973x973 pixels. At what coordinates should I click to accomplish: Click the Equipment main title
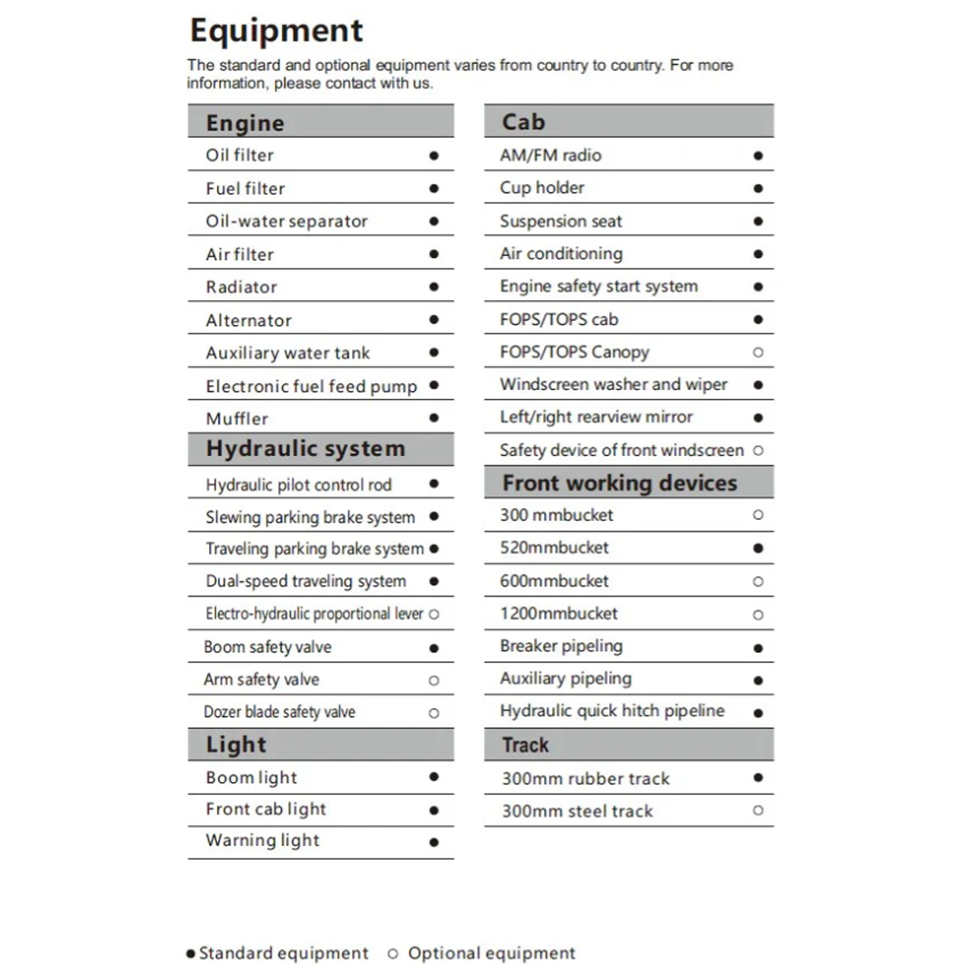click(276, 31)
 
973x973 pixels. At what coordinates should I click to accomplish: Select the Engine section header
click(245, 123)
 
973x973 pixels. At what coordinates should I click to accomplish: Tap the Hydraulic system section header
click(305, 449)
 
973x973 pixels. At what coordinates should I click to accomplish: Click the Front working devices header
click(619, 483)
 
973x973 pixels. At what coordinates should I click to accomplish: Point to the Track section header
click(525, 745)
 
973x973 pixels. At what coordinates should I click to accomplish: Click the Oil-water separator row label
click(286, 221)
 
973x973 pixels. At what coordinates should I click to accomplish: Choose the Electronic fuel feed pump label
click(311, 386)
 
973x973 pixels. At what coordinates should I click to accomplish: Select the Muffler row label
click(237, 418)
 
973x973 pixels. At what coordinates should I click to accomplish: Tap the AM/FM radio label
click(550, 155)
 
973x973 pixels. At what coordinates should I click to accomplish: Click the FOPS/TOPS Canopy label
click(574, 352)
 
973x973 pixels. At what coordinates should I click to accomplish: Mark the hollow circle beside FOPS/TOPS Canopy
click(758, 352)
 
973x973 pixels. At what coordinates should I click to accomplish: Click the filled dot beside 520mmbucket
click(758, 548)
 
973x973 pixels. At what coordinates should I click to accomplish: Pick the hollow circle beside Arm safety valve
click(433, 681)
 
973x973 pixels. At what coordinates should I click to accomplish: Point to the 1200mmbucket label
click(559, 614)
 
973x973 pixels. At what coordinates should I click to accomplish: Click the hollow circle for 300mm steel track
click(758, 811)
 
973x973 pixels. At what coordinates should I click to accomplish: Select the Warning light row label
click(262, 841)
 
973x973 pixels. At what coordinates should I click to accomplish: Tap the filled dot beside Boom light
click(433, 777)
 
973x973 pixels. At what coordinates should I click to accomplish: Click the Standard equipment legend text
click(284, 953)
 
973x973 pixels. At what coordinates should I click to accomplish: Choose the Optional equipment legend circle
click(393, 953)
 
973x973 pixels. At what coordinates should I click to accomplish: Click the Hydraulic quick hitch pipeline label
click(612, 711)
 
